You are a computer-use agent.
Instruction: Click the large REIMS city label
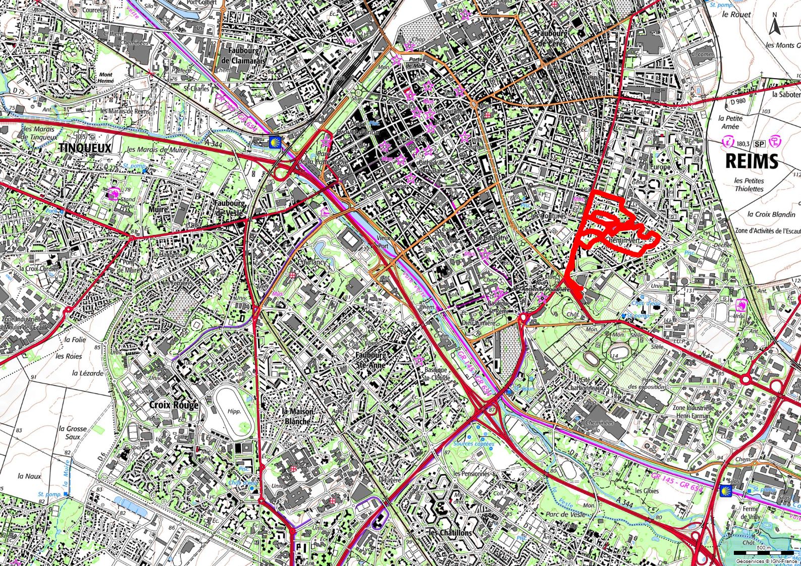click(752, 161)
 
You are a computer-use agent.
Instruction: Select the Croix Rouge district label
click(174, 405)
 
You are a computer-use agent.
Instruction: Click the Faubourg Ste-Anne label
click(371, 359)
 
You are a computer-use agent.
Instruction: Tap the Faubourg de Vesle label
click(230, 208)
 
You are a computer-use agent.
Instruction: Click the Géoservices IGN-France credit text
click(766, 561)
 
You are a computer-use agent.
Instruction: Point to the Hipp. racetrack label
click(234, 411)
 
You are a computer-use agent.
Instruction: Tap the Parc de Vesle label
click(565, 514)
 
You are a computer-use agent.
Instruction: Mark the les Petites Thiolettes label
click(749, 185)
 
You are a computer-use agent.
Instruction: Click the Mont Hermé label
click(105, 77)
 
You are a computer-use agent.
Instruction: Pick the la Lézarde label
click(88, 373)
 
